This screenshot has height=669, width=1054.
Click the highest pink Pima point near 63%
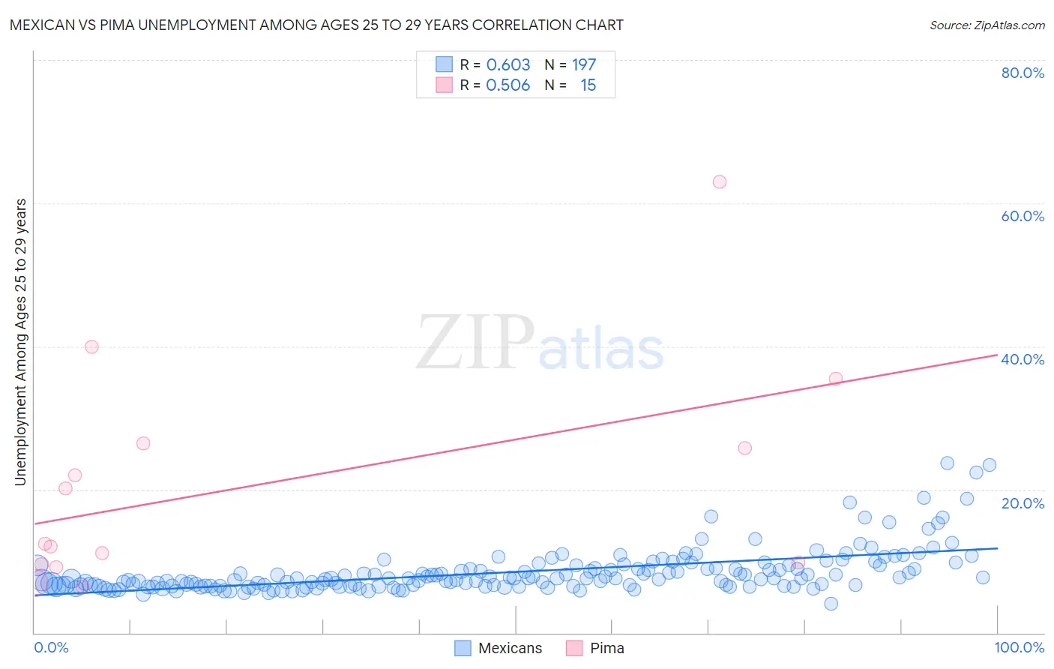pos(720,181)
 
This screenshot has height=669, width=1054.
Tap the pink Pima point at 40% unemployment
pos(91,346)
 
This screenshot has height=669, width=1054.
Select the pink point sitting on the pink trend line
pos(836,379)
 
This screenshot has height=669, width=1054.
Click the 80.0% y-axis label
pos(1023,73)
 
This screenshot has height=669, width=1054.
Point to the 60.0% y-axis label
pos(1023,216)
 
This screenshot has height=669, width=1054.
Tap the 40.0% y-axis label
pos(1023,359)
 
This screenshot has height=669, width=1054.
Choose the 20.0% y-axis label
pos(1023,503)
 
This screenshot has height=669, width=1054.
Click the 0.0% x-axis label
pos(51,647)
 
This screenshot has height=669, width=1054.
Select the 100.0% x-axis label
pos(1020,647)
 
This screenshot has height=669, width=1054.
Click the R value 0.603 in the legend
pos(508,64)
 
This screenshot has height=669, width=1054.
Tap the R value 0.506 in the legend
pos(508,85)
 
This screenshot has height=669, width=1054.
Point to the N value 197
pos(584,64)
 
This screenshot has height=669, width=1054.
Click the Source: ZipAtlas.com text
pos(987,25)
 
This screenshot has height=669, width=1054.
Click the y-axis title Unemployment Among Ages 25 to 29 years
pos(20,342)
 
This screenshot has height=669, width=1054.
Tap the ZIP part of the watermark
pos(475,343)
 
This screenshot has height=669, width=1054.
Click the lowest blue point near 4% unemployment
pos(831,604)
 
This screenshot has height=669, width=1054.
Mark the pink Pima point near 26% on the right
pos(744,448)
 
